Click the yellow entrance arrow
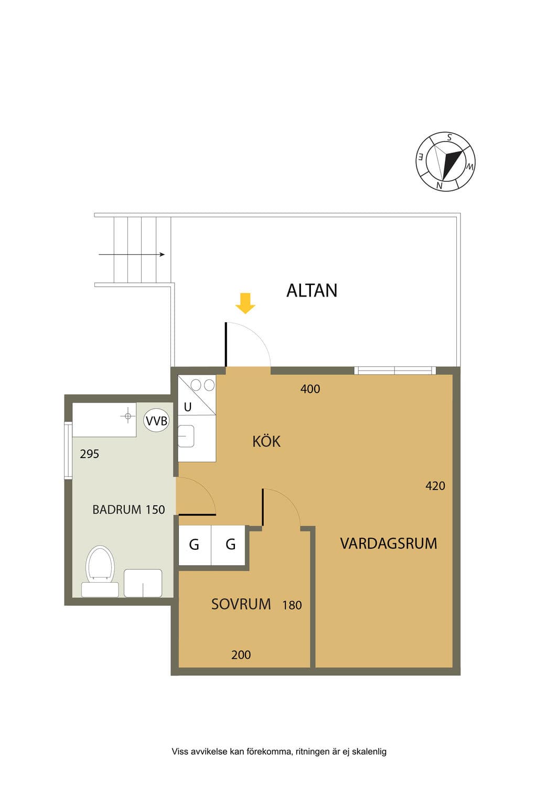245,303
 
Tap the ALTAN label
312,290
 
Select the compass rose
445,161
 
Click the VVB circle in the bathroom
156,420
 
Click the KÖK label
266,441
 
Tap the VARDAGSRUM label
389,543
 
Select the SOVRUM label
241,604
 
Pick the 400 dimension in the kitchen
310,389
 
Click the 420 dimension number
435,486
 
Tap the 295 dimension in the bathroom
89,454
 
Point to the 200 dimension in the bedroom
241,655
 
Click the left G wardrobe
195,545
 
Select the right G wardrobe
229,545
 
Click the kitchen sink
186,436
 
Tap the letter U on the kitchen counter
187,407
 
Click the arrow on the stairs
132,254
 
